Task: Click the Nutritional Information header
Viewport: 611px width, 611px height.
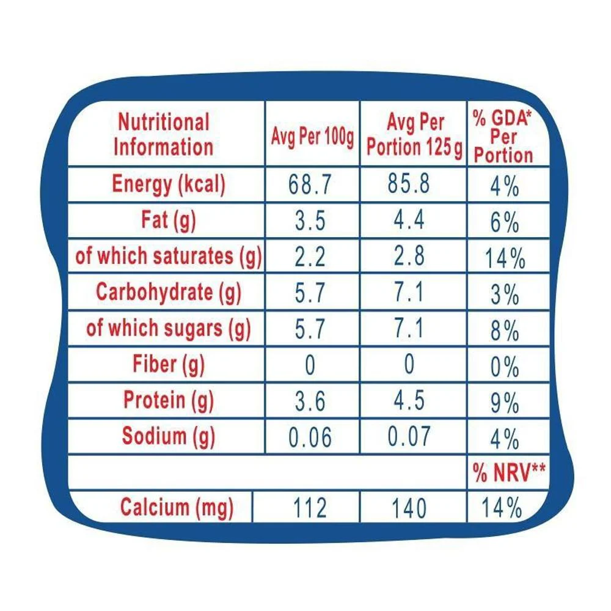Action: point(163,134)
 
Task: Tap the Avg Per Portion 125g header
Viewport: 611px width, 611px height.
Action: point(414,135)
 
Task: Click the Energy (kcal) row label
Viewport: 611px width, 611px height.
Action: point(168,184)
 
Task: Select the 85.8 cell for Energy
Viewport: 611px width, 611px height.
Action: point(408,185)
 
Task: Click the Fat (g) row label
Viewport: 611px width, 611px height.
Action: point(168,220)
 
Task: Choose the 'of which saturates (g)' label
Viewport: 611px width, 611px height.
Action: point(168,256)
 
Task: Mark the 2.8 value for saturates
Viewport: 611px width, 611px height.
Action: point(408,257)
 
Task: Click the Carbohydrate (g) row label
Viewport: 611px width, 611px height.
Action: point(168,292)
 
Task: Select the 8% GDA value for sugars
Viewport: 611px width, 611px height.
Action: point(504,332)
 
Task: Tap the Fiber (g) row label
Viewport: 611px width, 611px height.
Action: point(168,365)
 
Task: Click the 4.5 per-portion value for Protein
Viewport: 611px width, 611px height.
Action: point(408,401)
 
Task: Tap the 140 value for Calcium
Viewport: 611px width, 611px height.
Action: point(408,508)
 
